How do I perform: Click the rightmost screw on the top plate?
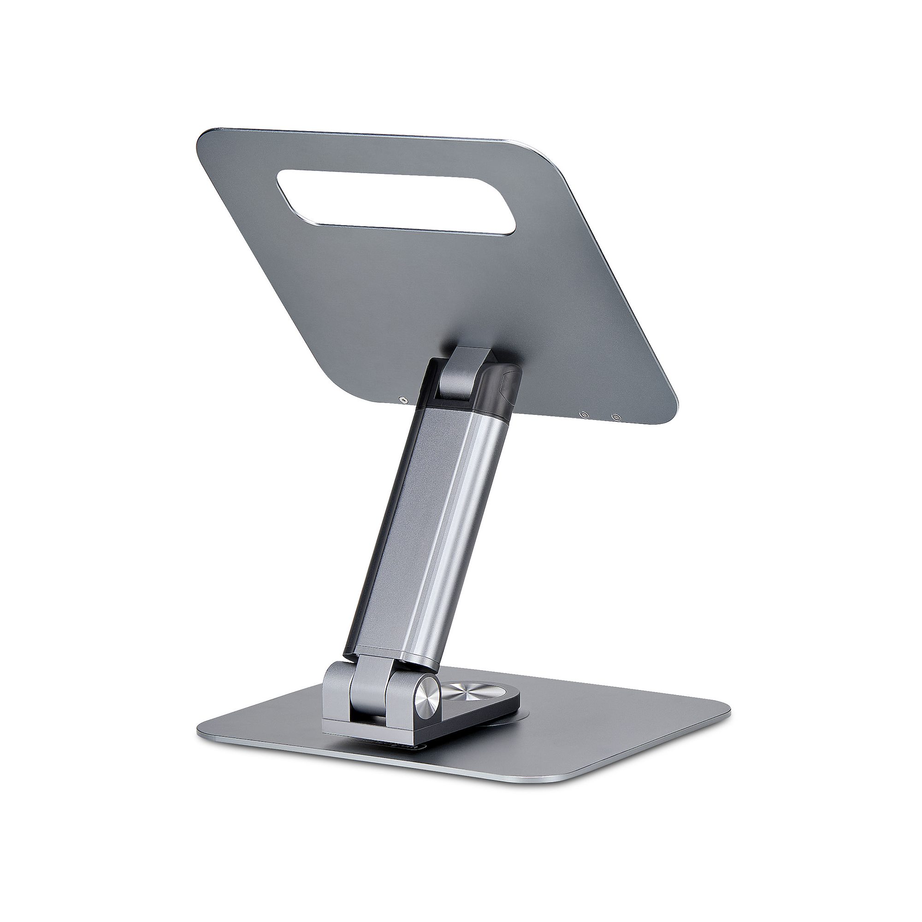pos(616,417)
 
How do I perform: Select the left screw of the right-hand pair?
pos(582,415)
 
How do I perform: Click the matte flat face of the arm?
pos(401,525)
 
